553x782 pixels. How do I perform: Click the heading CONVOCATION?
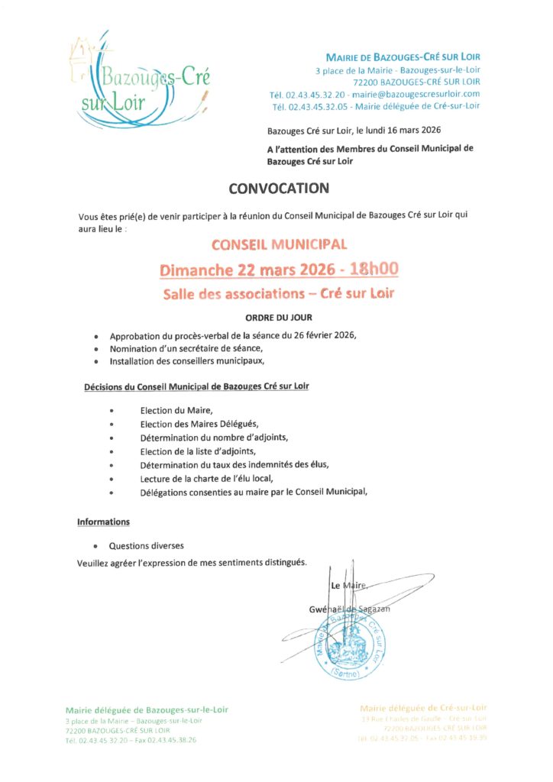pos(279,189)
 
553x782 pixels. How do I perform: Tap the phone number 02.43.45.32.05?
pos(317,106)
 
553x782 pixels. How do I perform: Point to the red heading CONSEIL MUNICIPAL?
pos(279,245)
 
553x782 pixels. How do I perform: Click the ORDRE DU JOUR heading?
pos(278,318)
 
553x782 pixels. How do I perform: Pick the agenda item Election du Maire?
pos(176,410)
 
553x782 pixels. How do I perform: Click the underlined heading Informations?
pos(103,522)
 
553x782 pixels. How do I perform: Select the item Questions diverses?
pos(146,546)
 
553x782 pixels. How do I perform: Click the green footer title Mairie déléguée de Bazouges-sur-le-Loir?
pos(147,710)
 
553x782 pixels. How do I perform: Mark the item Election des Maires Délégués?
pos(199,424)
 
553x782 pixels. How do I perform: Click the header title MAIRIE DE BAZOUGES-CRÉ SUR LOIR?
pos(403,57)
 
